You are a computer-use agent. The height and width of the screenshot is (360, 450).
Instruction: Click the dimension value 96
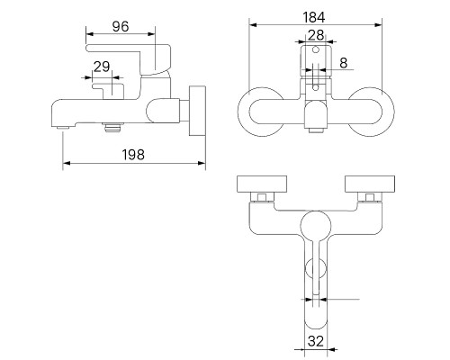(121, 27)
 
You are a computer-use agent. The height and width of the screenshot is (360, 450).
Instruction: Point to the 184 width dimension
(315, 18)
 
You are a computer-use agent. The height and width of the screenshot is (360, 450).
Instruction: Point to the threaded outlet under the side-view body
(114, 127)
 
